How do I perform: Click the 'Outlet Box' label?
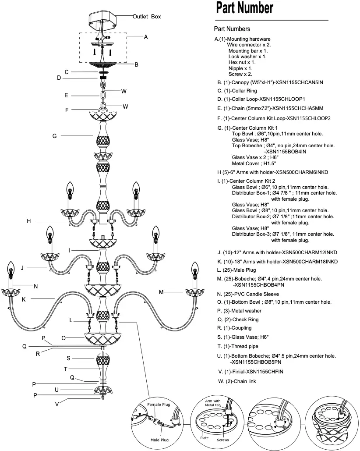147,16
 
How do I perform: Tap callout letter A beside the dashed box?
146,37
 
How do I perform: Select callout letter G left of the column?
55,136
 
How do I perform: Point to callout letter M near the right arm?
161,292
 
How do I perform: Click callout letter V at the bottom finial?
56,404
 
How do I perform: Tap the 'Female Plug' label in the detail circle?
159,405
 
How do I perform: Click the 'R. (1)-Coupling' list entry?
234,328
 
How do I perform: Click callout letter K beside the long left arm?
24,299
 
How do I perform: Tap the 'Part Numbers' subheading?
232,29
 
